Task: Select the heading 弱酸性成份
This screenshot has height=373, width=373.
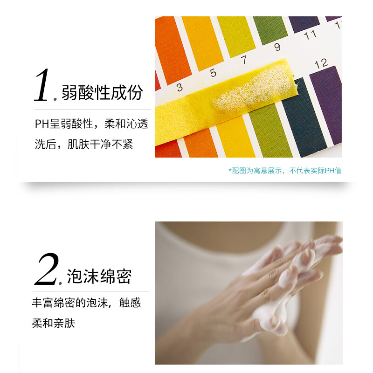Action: [102, 92]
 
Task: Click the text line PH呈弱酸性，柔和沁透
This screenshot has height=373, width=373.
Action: [91, 124]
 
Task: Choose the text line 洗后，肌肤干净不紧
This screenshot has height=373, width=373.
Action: [84, 144]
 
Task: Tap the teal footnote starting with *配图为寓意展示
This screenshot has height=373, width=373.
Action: [285, 171]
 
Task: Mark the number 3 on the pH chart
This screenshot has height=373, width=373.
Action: [180, 87]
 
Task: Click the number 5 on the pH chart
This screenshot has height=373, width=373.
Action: [213, 73]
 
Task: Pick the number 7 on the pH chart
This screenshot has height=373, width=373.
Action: [243, 60]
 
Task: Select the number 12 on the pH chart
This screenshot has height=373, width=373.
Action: [321, 63]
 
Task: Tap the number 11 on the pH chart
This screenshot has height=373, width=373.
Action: [310, 34]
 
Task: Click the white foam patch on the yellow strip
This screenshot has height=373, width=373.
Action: [252, 91]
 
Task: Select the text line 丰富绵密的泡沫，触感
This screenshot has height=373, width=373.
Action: [86, 303]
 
